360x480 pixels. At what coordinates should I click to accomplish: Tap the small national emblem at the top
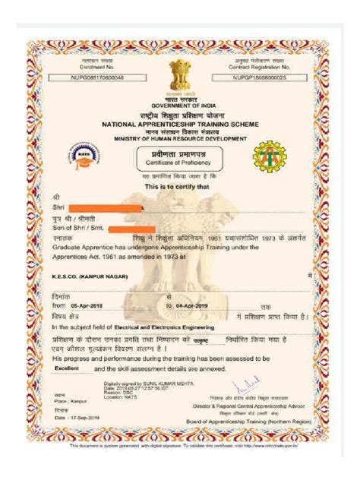coord(180,75)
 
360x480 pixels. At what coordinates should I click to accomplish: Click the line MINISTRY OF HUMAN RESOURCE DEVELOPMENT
coord(180,139)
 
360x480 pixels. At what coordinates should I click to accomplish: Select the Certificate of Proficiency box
coord(180,158)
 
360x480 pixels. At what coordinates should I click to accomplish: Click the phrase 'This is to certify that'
coord(180,187)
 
